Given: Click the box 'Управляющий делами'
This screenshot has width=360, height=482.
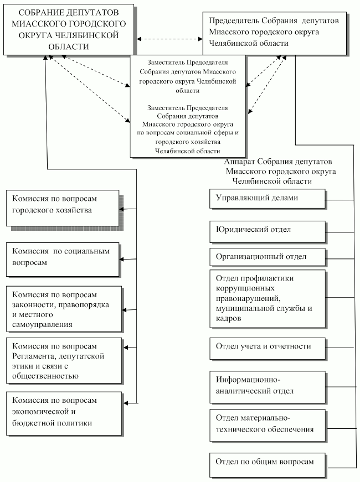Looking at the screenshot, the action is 268,199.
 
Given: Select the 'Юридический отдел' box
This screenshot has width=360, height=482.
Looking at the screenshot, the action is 268,232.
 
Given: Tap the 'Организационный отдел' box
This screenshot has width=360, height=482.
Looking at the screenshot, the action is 268,257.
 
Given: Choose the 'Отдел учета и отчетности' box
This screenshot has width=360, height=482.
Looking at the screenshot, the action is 268,349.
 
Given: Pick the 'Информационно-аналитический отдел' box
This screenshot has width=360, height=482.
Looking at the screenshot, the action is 268,387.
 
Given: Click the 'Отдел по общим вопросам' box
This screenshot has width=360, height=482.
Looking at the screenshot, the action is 268,465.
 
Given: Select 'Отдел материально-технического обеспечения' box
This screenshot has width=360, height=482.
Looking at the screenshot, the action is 268,426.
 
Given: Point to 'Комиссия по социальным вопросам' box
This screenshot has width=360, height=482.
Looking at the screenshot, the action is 63,260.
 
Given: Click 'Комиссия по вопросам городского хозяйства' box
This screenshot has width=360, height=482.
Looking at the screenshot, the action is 63,209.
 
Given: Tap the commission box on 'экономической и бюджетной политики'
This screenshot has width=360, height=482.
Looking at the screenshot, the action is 64,414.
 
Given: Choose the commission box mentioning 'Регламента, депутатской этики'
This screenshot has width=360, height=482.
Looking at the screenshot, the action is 64,361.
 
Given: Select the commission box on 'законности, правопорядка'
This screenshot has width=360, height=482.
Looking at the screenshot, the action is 64,309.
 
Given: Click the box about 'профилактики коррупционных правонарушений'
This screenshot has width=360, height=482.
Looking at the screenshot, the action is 268,299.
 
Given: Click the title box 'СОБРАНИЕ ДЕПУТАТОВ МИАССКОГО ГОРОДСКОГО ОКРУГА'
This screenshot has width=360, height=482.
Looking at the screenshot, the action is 69,29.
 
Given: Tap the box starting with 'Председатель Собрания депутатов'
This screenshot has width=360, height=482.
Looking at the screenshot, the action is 275,34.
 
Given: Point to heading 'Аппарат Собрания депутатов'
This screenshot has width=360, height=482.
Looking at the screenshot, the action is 280,171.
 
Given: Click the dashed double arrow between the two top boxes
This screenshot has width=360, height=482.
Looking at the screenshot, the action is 169,39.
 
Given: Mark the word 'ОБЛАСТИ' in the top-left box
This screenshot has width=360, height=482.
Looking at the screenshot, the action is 69,46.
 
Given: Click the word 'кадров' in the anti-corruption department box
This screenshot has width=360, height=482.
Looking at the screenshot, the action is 228,318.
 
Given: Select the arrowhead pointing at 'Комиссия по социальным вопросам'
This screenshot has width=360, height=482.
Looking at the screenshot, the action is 121,260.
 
